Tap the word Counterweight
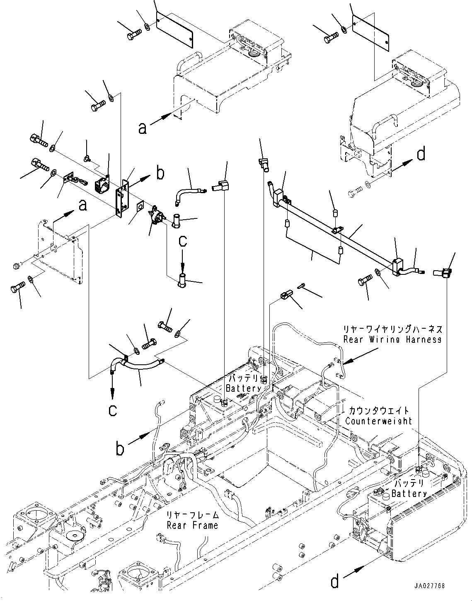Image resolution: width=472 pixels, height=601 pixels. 378,421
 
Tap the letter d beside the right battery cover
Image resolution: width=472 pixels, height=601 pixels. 421,155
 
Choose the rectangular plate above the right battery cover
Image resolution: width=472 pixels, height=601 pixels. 371,29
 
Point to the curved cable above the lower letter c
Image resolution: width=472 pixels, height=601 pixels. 137,364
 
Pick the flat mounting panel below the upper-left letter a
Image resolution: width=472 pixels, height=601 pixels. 60,253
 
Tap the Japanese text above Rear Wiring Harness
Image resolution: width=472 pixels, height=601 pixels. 392,330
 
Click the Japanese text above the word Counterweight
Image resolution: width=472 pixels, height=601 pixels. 378,411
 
